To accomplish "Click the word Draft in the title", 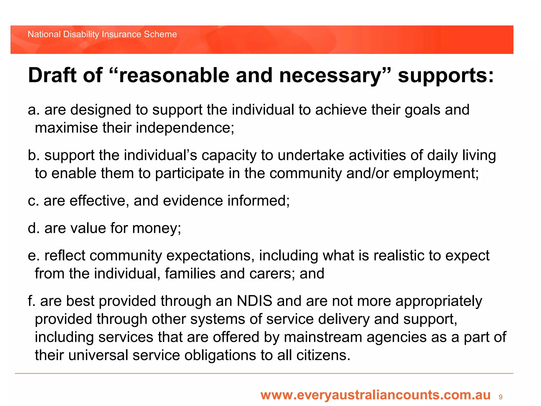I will pos(52,75).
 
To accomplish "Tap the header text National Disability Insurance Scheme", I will pos(102,34).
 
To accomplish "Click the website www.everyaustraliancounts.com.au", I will pos(375,395).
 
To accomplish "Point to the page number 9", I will pos(500,397).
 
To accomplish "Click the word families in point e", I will pos(190,273).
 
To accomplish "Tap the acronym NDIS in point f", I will pos(254,301).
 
